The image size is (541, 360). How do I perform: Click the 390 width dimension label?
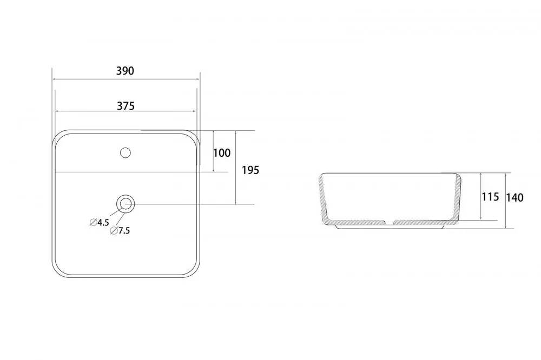125,71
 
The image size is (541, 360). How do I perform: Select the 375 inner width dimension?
126,106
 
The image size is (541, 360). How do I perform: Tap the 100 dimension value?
221,153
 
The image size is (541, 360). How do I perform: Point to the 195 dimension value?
250,170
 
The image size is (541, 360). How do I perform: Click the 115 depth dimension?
490,197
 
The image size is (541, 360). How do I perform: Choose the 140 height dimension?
514,198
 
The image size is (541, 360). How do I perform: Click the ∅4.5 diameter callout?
100,222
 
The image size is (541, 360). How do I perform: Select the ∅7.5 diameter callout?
120,231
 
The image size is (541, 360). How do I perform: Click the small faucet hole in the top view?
126,152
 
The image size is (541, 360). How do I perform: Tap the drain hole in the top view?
126,204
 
